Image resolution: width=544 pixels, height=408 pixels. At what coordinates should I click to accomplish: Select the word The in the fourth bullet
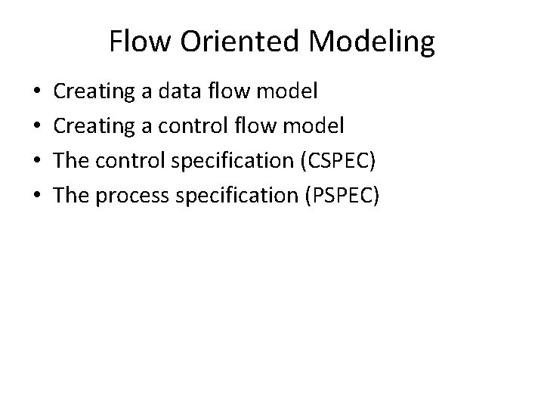pyautogui.click(x=72, y=195)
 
